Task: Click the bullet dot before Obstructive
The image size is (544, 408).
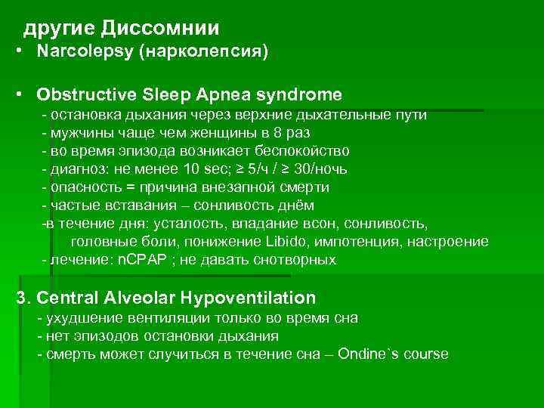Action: [19, 95]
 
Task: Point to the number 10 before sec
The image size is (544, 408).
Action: [187, 169]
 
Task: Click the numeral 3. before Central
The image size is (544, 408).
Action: [23, 298]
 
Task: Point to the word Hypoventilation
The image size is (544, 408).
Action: [243, 298]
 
